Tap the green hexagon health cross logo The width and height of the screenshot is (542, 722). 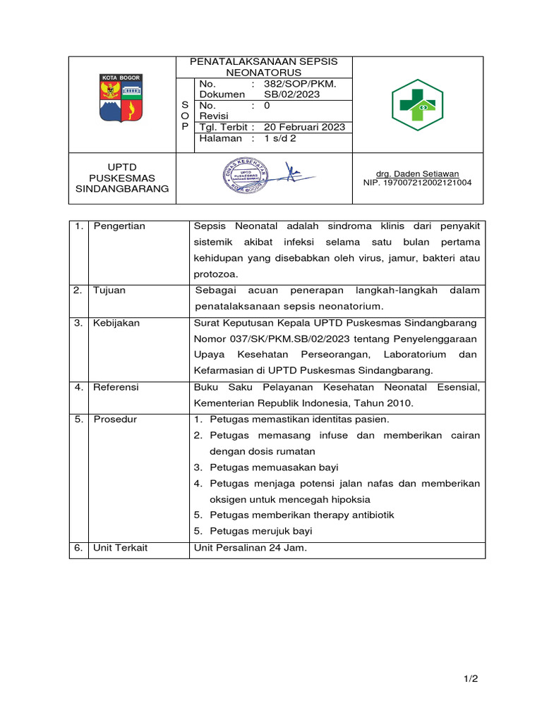coord(417,105)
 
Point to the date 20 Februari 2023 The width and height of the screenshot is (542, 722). coord(304,127)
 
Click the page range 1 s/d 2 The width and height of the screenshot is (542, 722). coord(280,139)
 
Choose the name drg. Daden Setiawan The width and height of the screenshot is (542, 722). coord(416,173)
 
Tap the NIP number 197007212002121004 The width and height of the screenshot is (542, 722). coord(416,183)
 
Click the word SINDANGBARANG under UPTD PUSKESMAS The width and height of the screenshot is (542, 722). coord(122,189)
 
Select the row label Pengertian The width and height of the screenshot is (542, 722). coord(119,226)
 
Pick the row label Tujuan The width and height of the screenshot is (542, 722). coord(109,290)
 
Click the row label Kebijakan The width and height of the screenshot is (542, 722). coord(116,323)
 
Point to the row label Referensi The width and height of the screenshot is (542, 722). coord(116,387)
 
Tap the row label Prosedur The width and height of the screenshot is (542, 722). coord(115,420)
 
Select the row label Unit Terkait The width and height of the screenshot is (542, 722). coord(120,548)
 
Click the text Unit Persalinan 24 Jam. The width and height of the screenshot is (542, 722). coord(250,548)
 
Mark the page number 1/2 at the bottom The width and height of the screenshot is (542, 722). coord(471,679)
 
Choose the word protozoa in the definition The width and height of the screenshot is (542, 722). coord(216,274)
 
